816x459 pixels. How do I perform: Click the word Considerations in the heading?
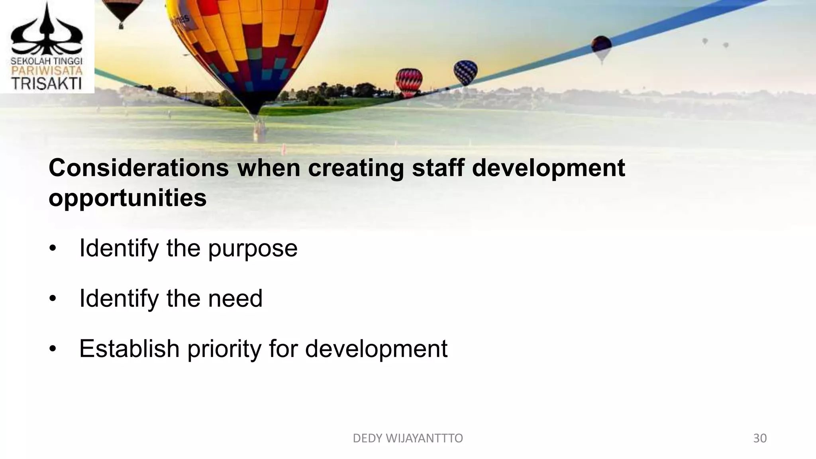pyautogui.click(x=139, y=168)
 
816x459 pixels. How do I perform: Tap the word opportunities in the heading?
pyautogui.click(x=127, y=198)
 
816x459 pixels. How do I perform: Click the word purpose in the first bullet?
pyautogui.click(x=253, y=249)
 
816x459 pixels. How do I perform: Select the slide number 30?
pyautogui.click(x=760, y=438)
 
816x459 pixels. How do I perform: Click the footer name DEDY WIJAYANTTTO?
pyautogui.click(x=408, y=438)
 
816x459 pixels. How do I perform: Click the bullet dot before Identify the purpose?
pyautogui.click(x=53, y=249)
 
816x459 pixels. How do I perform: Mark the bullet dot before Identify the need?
pyautogui.click(x=53, y=299)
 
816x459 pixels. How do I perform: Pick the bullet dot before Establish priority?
pyautogui.click(x=53, y=349)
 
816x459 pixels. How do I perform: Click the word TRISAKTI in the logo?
pyautogui.click(x=46, y=84)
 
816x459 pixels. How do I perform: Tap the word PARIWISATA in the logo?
pyautogui.click(x=46, y=71)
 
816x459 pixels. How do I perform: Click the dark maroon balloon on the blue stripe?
pyautogui.click(x=601, y=47)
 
